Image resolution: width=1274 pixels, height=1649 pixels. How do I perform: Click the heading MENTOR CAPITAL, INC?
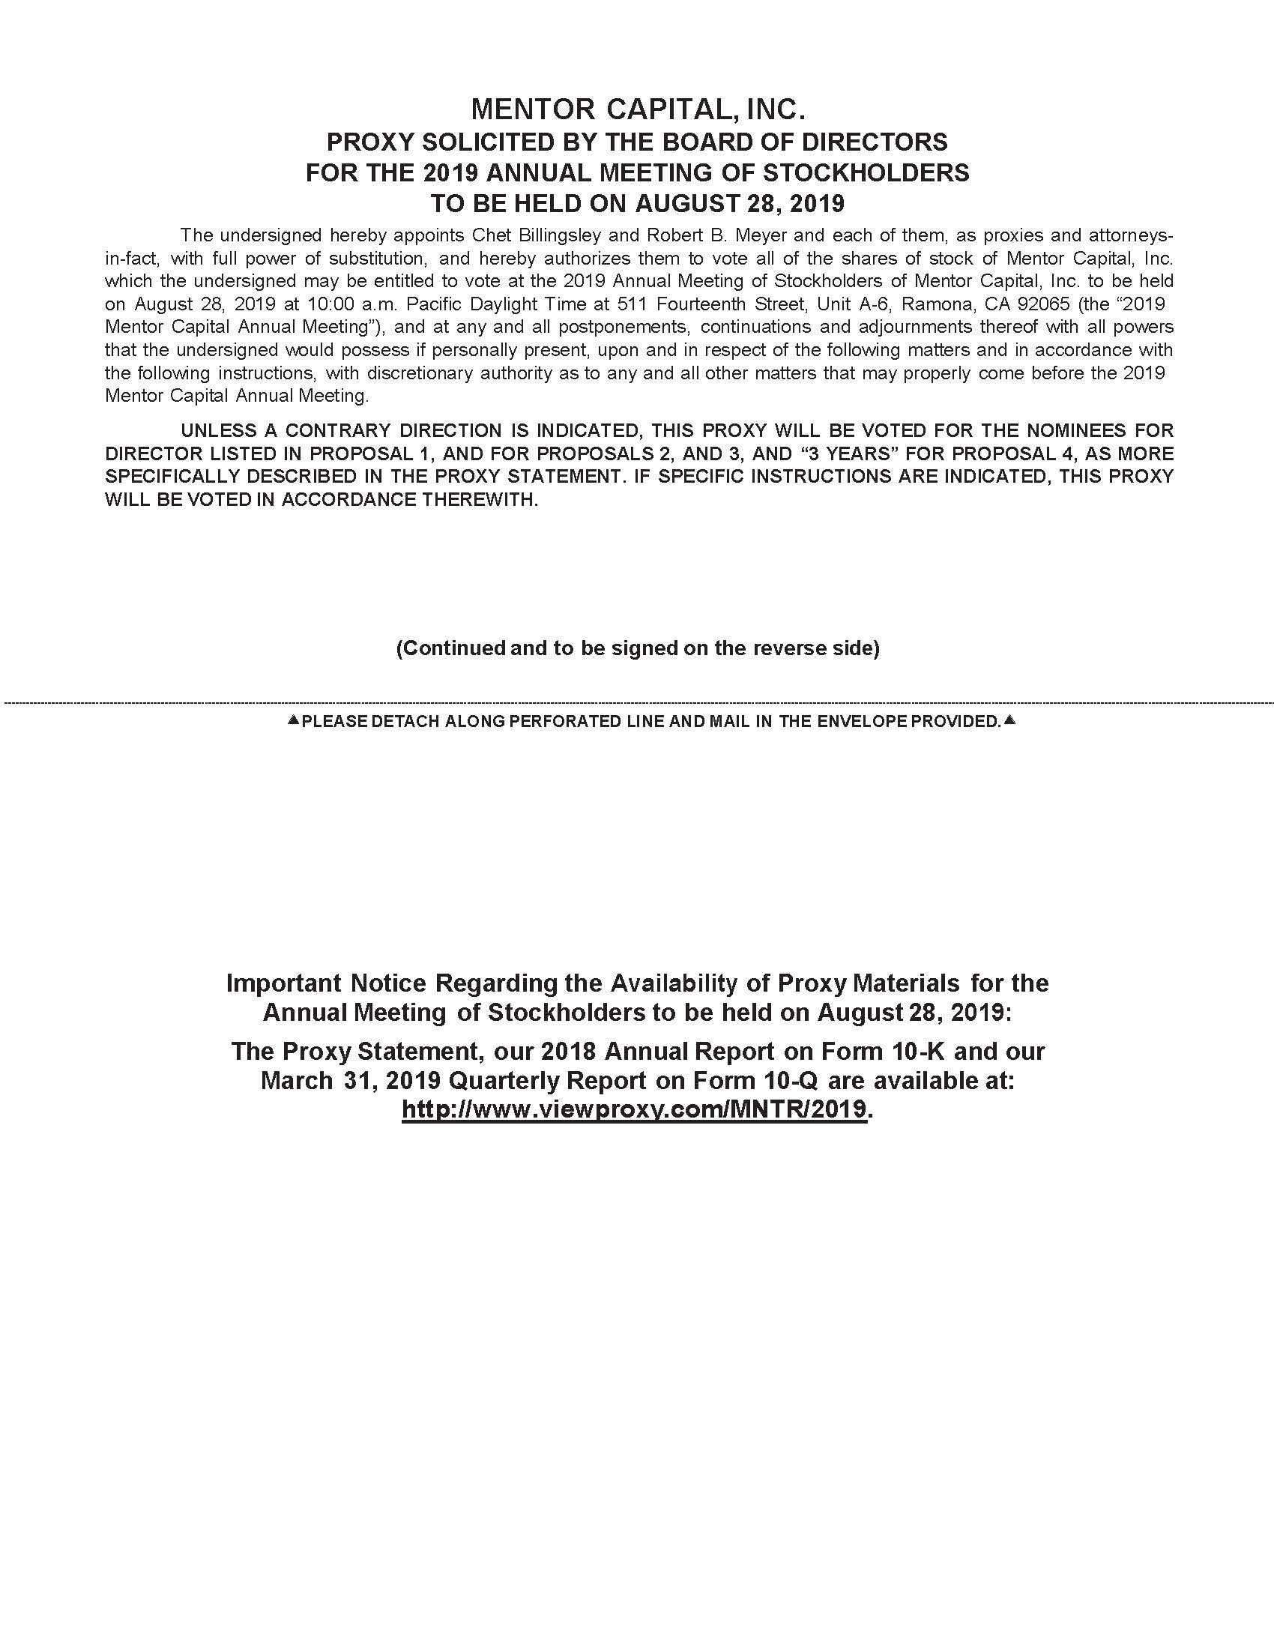coord(638,110)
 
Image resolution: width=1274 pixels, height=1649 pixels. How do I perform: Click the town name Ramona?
coord(938,304)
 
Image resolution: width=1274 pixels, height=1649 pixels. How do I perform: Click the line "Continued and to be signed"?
coord(638,648)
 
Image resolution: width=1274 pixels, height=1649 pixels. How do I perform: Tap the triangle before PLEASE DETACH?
coord(294,720)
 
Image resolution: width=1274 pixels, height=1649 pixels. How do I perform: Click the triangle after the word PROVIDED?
coord(1010,720)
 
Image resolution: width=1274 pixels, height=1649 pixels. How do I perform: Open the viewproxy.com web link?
coord(634,1109)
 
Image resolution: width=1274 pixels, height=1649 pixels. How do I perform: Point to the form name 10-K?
coord(917,1051)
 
